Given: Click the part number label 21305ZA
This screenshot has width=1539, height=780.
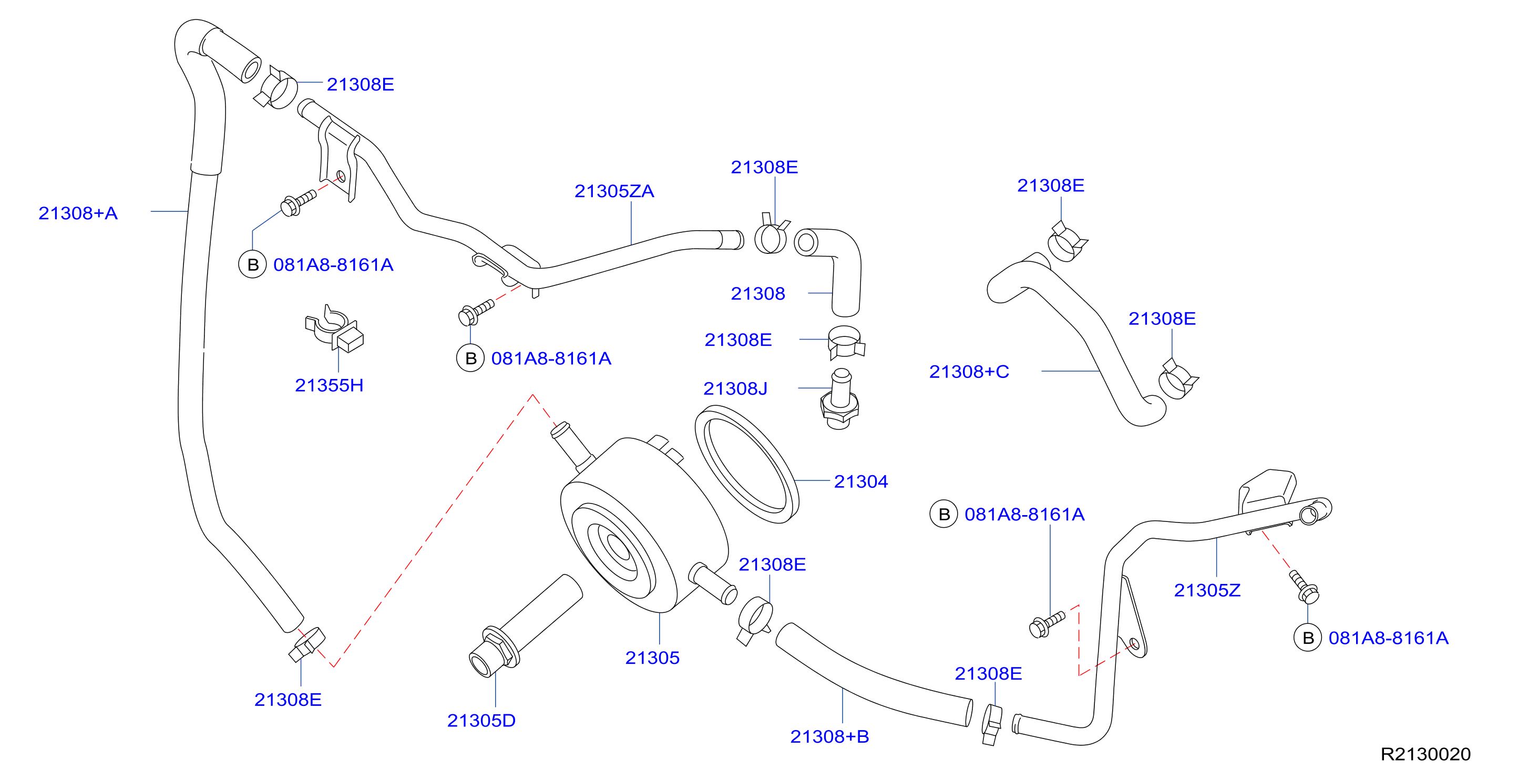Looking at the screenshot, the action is click(x=613, y=191).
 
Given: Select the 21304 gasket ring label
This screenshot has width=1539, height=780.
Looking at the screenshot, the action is click(x=860, y=481).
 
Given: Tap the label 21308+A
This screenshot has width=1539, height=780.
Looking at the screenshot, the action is click(x=78, y=213).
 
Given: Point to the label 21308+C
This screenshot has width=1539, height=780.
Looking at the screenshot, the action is click(x=969, y=372).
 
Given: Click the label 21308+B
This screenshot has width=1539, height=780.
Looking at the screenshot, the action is click(x=829, y=736).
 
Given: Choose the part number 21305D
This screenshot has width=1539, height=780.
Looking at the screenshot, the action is click(x=481, y=720).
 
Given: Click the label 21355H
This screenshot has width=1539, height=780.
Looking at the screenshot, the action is click(x=329, y=385).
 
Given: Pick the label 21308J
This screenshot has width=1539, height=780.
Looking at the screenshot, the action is click(x=735, y=389).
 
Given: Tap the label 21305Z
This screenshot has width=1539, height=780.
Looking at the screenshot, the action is click(x=1207, y=590).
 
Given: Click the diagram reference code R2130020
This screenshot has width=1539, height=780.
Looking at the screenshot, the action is click(x=1425, y=754).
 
